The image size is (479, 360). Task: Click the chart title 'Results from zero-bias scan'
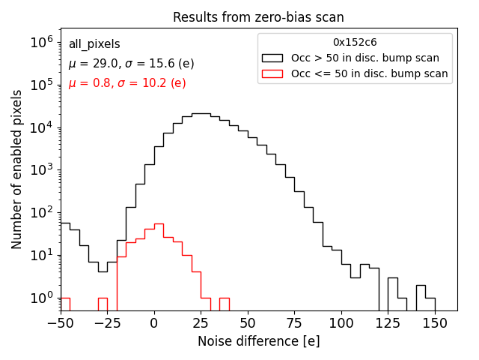pyautogui.click(x=258, y=17)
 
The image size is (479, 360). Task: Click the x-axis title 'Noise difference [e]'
pyautogui.click(x=258, y=341)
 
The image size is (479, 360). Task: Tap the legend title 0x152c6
pyautogui.click(x=355, y=43)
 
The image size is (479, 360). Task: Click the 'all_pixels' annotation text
pyautogui.click(x=94, y=44)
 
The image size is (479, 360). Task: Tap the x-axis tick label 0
pyautogui.click(x=154, y=322)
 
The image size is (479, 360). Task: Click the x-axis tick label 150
pyautogui.click(x=435, y=322)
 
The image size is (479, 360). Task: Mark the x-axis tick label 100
pyautogui.click(x=341, y=322)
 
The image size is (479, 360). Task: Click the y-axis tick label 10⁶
pyautogui.click(x=41, y=43)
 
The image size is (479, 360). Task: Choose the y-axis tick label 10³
pyautogui.click(x=41, y=170)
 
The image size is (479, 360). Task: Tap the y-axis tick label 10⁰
pyautogui.click(x=41, y=298)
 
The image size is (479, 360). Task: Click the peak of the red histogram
pyautogui.click(x=159, y=223)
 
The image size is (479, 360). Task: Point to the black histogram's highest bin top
pyautogui.click(x=201, y=114)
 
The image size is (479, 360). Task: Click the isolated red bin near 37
pyautogui.click(x=224, y=298)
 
